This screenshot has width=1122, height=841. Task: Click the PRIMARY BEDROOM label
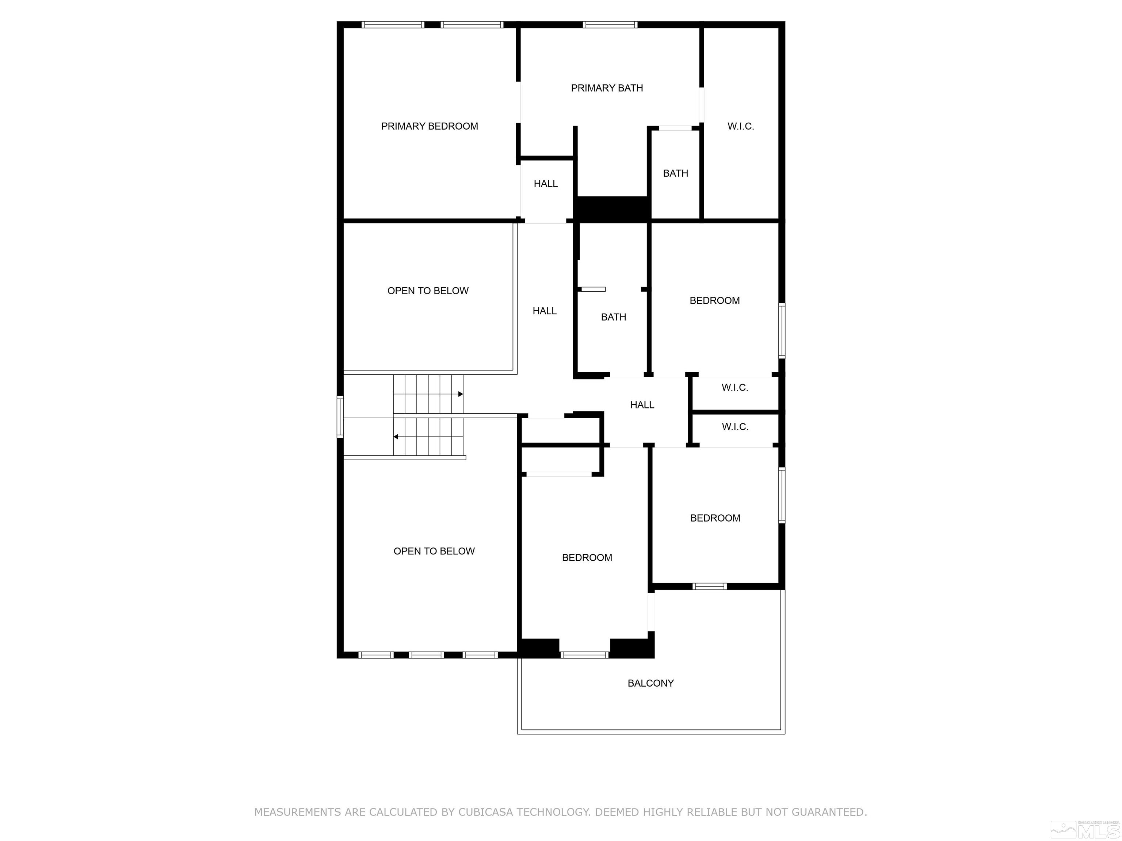429,126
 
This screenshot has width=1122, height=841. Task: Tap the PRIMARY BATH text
607,88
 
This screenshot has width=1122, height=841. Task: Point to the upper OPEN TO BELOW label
428,291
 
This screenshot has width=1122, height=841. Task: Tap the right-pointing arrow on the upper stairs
460,394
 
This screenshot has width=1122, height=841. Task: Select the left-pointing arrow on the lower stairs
396,437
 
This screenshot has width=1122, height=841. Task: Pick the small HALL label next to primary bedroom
545,184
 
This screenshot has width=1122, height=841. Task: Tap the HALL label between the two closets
642,404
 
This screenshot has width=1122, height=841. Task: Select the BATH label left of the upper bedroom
613,317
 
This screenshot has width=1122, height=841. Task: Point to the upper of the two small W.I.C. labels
734,387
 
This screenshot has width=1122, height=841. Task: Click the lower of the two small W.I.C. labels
734,427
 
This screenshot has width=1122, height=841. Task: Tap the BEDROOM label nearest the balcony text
587,558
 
